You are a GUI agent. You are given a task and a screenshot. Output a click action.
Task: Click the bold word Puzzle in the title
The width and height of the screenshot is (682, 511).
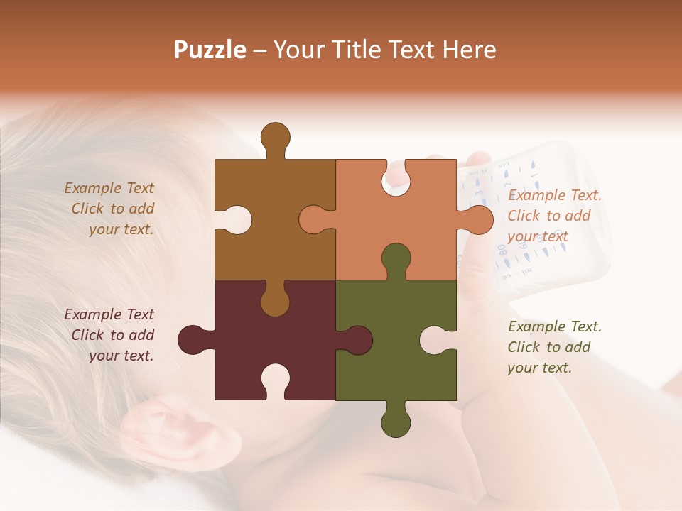210,50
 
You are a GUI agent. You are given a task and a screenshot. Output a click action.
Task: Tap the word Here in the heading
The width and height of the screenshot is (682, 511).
469,50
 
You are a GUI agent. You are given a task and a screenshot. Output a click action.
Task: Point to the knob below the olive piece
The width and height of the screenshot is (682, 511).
396,422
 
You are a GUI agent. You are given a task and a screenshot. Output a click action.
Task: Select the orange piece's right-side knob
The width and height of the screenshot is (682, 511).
480,219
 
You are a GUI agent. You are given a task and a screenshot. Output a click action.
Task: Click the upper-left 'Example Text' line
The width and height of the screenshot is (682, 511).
109,188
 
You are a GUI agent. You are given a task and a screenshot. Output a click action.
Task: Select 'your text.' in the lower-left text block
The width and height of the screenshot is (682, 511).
121,356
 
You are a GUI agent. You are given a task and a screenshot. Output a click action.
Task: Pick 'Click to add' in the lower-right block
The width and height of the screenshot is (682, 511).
548,347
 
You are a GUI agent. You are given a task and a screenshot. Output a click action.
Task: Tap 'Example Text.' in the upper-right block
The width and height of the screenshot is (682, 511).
554,195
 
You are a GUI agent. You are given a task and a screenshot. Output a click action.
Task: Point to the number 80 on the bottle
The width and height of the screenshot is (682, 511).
502,249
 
